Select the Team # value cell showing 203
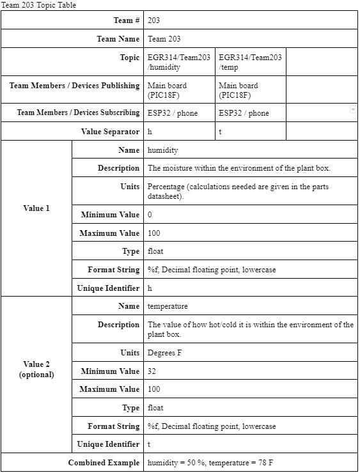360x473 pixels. point(153,20)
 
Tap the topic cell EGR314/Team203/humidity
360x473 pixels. point(179,62)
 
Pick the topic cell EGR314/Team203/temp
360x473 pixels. point(250,62)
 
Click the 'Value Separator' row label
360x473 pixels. point(110,132)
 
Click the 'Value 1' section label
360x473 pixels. point(36,208)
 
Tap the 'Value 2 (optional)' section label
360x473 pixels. point(36,369)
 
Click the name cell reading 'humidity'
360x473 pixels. point(162,150)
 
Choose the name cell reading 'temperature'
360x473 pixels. point(168,306)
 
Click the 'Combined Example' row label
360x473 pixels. point(104,462)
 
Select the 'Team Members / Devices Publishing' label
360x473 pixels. point(74,86)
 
